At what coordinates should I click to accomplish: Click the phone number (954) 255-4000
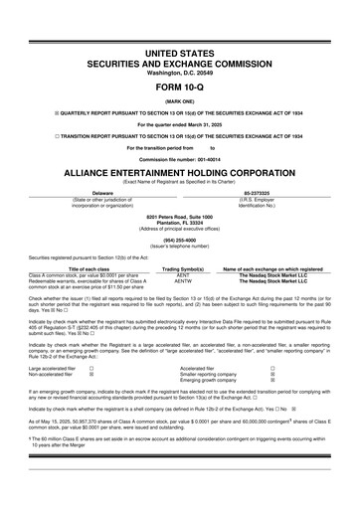point(179,240)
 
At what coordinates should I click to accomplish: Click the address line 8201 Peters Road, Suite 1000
point(179,215)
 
